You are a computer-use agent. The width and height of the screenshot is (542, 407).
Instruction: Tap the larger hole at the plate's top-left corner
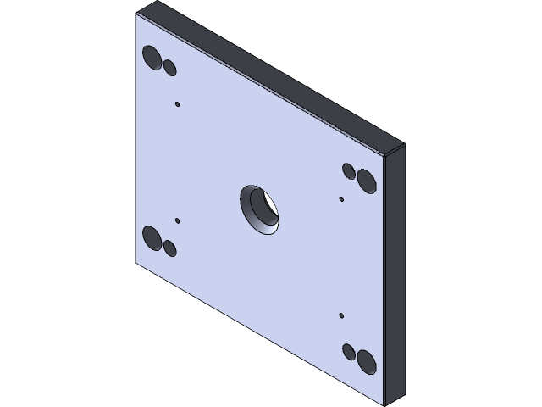pos(152,58)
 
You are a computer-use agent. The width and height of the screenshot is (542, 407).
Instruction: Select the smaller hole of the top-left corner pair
pos(169,68)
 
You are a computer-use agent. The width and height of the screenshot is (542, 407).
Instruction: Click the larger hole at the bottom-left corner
pos(152,237)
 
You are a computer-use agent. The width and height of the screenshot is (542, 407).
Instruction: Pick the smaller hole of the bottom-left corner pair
pos(169,248)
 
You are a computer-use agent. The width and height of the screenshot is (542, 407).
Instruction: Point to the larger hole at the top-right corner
pos(366,180)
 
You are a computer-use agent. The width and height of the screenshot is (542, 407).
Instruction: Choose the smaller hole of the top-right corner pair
pos(349,170)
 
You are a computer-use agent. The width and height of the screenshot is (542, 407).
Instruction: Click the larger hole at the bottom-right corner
pos(366,360)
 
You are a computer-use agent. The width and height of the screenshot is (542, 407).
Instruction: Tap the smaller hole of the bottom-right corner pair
pos(349,350)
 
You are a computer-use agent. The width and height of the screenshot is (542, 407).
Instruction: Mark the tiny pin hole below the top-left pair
pos(178,104)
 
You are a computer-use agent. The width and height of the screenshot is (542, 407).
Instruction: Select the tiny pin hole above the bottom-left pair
pos(178,220)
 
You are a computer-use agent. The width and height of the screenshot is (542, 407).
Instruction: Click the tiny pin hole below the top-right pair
pos(341,199)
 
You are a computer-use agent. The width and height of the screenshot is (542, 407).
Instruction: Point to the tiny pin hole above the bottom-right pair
pos(341,315)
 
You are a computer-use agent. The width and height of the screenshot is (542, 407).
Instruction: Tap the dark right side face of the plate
pos(395,271)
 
